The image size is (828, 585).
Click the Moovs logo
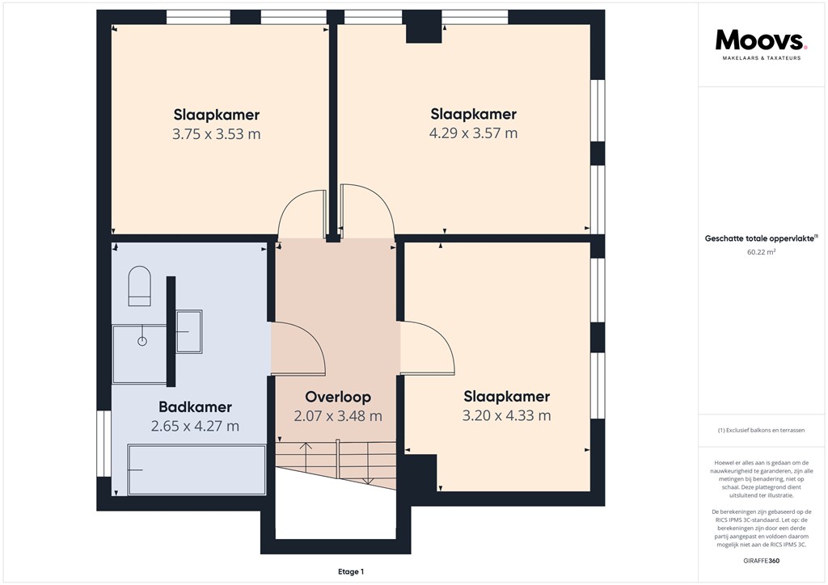(761, 41)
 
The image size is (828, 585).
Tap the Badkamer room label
(195, 407)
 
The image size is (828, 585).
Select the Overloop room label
(338, 397)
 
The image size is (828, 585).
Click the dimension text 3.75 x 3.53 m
(216, 134)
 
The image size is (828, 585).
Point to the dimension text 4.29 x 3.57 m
(473, 133)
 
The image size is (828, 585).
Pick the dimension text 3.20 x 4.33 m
(506, 416)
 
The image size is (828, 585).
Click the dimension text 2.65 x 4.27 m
(195, 426)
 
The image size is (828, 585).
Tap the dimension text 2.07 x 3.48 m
(338, 416)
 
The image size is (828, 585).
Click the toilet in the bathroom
(139, 287)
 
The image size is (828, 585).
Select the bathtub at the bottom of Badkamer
(196, 469)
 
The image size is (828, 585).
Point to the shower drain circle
(142, 341)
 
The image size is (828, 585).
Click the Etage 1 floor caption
(351, 572)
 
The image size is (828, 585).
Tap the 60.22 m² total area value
(761, 251)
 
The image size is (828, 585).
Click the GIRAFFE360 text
(761, 560)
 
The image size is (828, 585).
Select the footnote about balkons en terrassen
(761, 431)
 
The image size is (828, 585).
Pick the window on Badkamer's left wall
(103, 444)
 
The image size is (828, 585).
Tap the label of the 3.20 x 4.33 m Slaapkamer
(506, 397)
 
